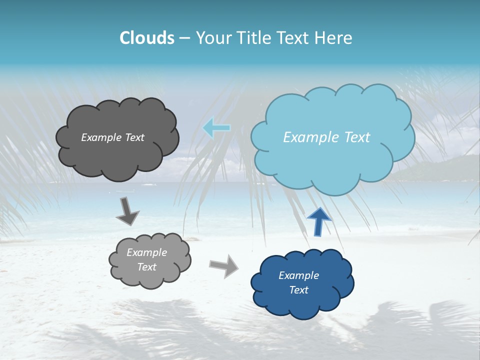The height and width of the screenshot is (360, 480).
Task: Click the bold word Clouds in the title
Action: [147, 38]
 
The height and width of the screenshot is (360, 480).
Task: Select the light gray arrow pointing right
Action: [224, 265]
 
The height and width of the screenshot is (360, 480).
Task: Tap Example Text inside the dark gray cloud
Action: [112, 137]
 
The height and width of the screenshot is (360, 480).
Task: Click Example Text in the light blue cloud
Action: [326, 137]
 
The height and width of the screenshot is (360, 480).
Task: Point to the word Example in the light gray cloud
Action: [146, 252]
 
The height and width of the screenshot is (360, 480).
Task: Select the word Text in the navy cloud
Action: [298, 290]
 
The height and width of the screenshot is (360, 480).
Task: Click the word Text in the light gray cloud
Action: [146, 267]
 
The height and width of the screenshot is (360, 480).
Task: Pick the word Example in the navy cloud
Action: [298, 275]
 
